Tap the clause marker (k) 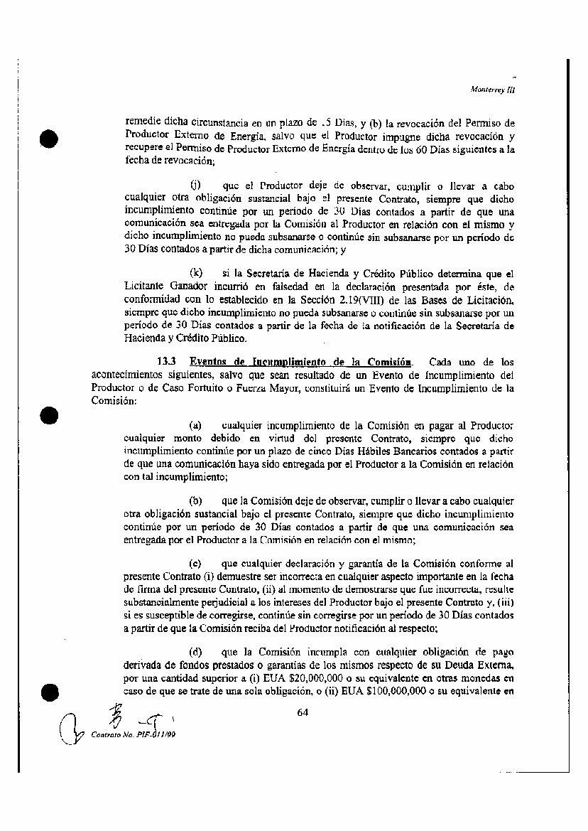tap(196, 272)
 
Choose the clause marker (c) tap(196, 562)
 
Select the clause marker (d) tap(196, 651)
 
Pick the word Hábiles tap(344, 451)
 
